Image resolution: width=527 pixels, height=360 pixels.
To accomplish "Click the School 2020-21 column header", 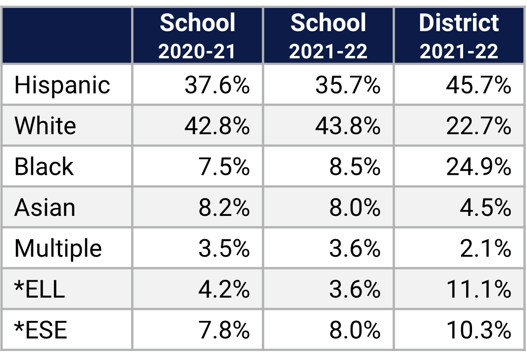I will (x=198, y=36).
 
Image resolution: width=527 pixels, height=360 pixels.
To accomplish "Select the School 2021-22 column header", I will (x=328, y=36).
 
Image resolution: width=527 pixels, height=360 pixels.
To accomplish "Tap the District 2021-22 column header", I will (x=459, y=36).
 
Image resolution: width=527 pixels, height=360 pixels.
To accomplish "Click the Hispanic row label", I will (x=62, y=85).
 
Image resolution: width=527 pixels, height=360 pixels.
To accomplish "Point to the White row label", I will (x=45, y=126).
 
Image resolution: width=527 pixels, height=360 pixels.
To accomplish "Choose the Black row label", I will (x=44, y=167).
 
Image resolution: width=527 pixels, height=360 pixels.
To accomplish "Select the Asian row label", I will (x=45, y=207).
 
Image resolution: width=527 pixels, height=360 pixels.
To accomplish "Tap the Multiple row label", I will (x=58, y=248).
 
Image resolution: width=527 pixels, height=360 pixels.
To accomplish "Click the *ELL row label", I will (x=40, y=289).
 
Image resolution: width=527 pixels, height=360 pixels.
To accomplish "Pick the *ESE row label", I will (x=41, y=330).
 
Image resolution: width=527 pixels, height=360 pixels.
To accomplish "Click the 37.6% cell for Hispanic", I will (x=217, y=85).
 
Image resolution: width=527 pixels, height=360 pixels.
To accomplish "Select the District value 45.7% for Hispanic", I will (x=478, y=85).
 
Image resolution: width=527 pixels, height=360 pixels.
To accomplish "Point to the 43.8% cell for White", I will (x=348, y=126).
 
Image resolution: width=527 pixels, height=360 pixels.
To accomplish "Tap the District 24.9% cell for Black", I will (x=478, y=167).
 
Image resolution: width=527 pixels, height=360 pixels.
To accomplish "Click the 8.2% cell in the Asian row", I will (x=224, y=207).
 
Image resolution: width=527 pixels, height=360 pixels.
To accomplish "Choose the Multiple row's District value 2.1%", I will (x=485, y=248).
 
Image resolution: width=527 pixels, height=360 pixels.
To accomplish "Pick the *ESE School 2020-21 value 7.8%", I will (x=224, y=330).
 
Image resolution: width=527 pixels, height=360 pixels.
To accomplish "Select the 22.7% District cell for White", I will (x=478, y=126).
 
